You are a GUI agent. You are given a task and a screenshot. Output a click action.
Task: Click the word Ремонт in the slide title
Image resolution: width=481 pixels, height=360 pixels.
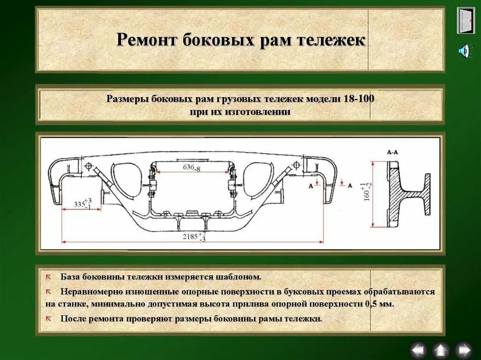146,39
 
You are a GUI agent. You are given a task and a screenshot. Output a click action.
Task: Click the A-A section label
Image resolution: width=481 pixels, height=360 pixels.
392,153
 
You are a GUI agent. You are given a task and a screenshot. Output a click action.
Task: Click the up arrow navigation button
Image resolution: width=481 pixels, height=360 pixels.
441,350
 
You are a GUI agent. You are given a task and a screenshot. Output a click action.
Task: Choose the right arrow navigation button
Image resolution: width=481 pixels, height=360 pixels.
464,350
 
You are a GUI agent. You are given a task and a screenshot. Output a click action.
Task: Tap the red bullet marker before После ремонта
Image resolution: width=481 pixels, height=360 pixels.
48,319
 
